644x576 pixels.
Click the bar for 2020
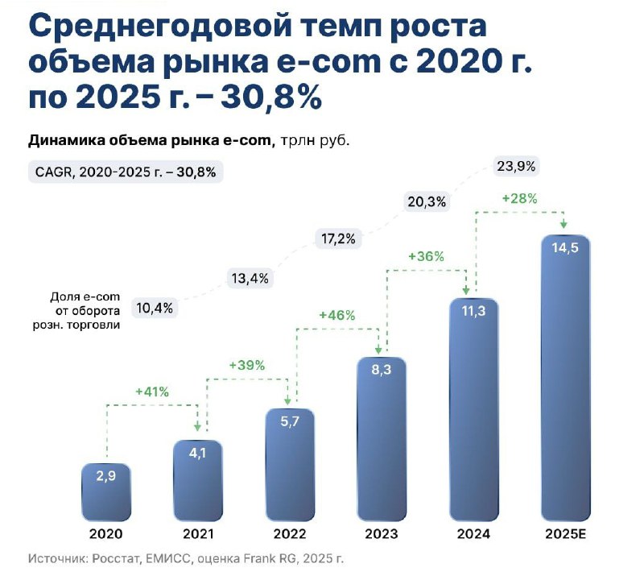click(x=106, y=491)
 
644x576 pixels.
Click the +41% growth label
click(x=152, y=392)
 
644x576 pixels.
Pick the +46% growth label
click(x=336, y=315)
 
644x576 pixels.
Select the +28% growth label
click(x=519, y=198)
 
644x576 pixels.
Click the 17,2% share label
click(x=339, y=239)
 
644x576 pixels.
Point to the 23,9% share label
click(x=517, y=167)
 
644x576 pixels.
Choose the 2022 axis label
click(x=290, y=532)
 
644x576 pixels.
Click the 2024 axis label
click(x=473, y=532)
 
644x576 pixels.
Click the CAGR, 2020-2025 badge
click(x=125, y=172)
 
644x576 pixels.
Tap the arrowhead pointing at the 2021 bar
click(x=198, y=426)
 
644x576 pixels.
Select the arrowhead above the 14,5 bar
click(x=564, y=222)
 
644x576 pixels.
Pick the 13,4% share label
click(x=247, y=279)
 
